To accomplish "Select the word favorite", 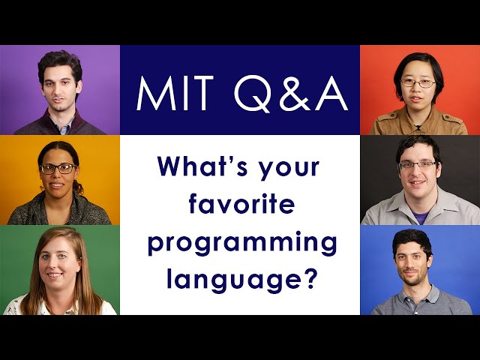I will click(x=241, y=205).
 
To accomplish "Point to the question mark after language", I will click(x=307, y=280).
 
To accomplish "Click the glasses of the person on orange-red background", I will click(x=417, y=82).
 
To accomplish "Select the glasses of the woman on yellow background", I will click(x=58, y=169).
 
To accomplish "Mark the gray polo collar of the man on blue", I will click(x=397, y=296).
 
